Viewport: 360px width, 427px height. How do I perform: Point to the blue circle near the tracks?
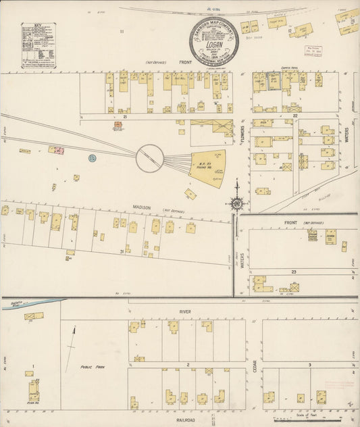click(x=92, y=157)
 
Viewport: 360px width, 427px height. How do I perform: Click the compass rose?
click(x=237, y=201)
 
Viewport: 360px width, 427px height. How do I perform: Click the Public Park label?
click(x=91, y=367)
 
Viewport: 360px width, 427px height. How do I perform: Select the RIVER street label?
click(x=186, y=311)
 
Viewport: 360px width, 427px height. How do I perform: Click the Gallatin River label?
click(x=17, y=303)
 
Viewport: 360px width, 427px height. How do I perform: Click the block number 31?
click(x=122, y=251)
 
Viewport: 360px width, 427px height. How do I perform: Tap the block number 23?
click(x=294, y=271)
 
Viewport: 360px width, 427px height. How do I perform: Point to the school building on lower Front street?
click(x=331, y=236)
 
